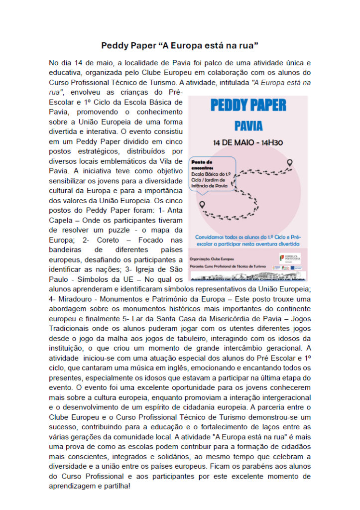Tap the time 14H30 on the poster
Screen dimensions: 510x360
(267, 142)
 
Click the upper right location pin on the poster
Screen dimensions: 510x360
(290, 162)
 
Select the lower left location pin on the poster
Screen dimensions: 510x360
(202, 204)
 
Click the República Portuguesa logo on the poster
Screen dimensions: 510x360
(289, 258)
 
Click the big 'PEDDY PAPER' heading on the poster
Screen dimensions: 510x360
(248, 105)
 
